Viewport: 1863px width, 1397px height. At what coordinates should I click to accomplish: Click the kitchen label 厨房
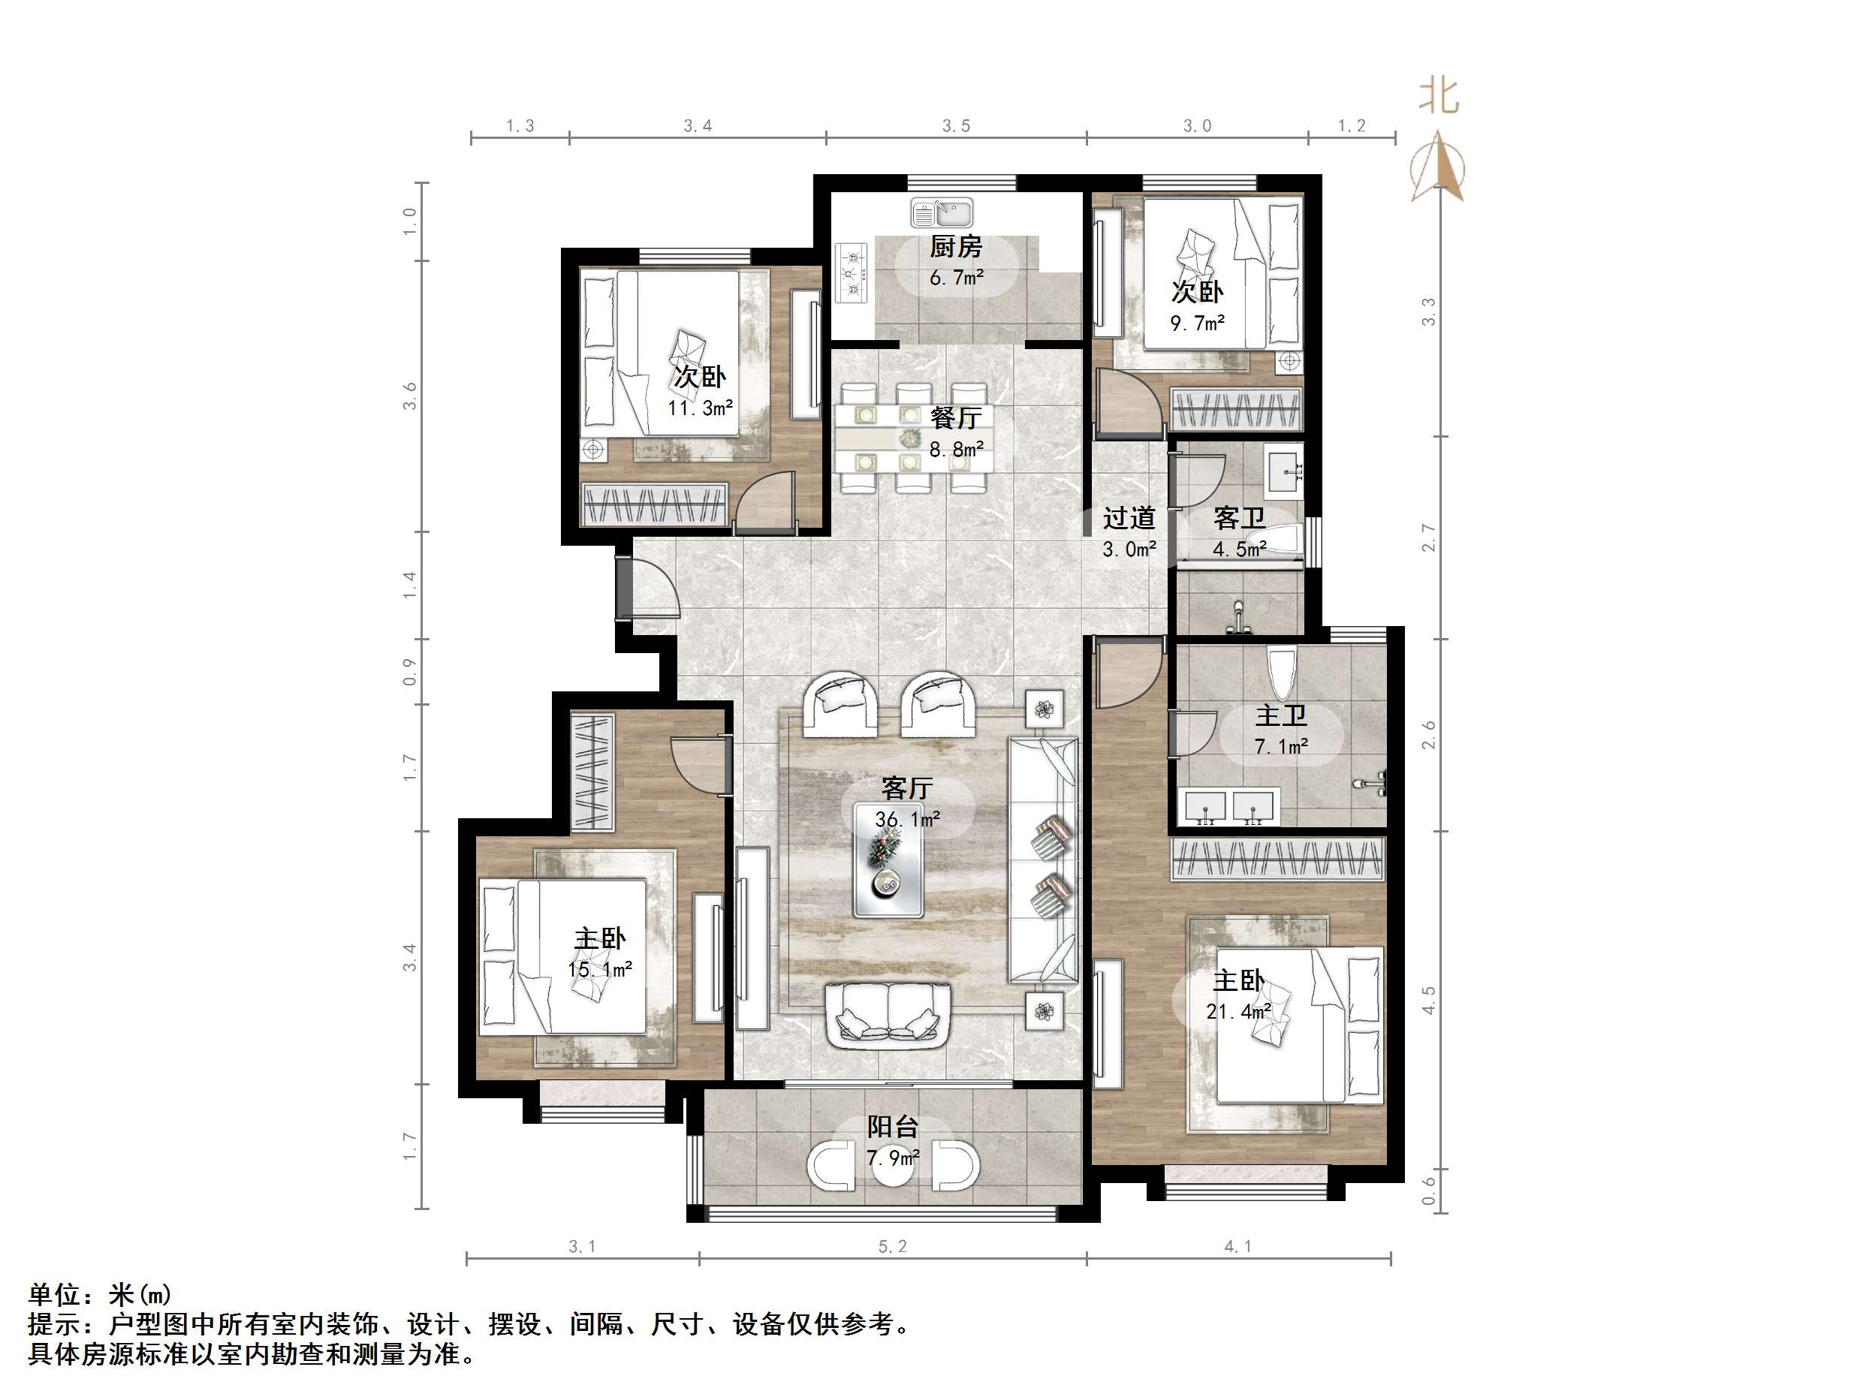[x=956, y=247]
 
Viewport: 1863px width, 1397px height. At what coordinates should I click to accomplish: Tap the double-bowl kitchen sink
[x=942, y=213]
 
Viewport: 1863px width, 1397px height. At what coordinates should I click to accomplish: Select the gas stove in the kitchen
[x=852, y=272]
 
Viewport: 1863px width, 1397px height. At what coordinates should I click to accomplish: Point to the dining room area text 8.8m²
[x=956, y=450]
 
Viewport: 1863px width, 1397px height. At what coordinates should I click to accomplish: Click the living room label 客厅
[x=906, y=788]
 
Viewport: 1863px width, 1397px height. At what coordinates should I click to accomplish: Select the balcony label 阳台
[x=893, y=1127]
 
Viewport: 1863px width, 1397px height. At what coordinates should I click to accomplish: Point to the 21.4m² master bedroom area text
[x=1237, y=1011]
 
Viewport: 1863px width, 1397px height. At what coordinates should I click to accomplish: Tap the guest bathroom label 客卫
[x=1239, y=519]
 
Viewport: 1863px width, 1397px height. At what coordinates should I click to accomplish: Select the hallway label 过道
[x=1129, y=518]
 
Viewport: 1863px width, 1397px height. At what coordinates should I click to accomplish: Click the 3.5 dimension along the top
[x=956, y=126]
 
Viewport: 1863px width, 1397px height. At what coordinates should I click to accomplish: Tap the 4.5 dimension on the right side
[x=1428, y=1000]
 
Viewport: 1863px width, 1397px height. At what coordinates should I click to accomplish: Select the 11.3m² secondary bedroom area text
[x=700, y=408]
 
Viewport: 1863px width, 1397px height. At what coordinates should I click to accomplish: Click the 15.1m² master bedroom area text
[x=600, y=970]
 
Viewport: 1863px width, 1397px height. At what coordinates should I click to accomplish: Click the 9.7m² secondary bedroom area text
[x=1197, y=323]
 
